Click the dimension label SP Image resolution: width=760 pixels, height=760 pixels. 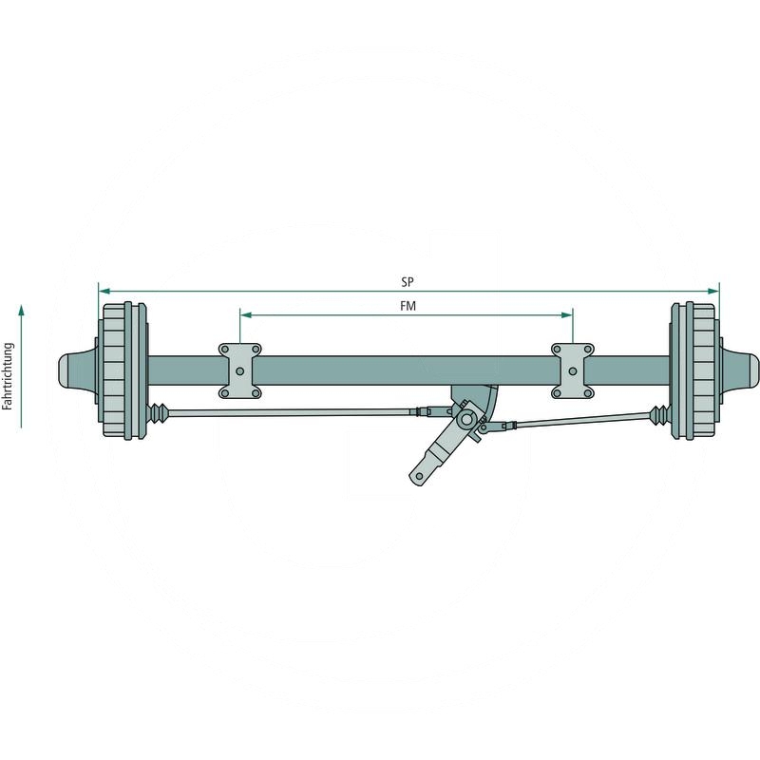pyautogui.click(x=408, y=282)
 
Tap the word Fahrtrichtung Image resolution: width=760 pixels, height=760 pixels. pyautogui.click(x=8, y=376)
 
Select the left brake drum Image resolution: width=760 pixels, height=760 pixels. pyautogui.click(x=123, y=370)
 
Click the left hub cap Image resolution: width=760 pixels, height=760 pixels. pyautogui.click(x=76, y=370)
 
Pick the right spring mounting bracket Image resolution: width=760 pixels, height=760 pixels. pyautogui.click(x=574, y=370)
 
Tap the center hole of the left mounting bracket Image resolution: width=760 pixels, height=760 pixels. pyautogui.click(x=240, y=370)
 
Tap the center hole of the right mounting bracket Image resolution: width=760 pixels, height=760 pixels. pyautogui.click(x=572, y=370)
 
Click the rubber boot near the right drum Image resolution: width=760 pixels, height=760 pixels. pyautogui.click(x=657, y=413)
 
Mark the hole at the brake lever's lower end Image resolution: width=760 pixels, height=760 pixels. pyautogui.click(x=417, y=473)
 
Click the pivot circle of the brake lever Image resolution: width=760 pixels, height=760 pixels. pyautogui.click(x=466, y=418)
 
